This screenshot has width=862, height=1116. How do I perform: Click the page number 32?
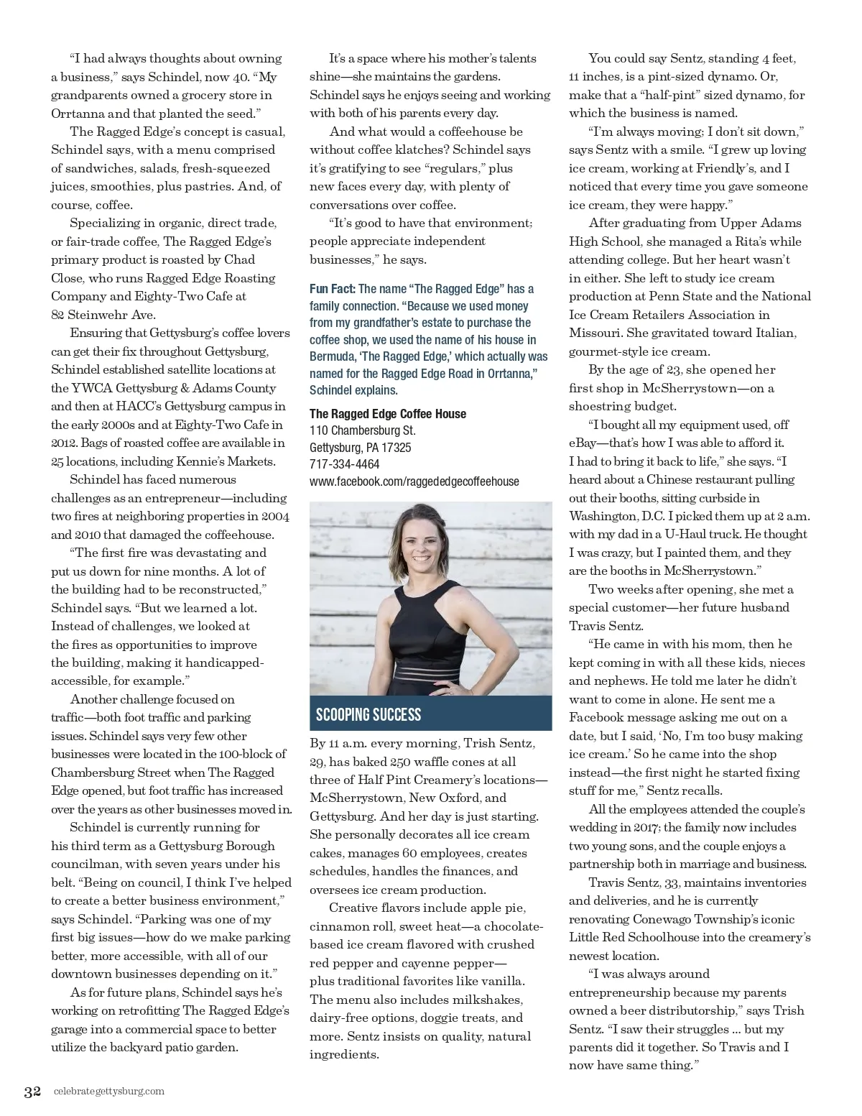pos(32,1092)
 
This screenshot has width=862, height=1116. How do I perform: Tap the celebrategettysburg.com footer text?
pos(108,1092)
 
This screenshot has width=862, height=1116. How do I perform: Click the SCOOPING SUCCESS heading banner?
pos(369,714)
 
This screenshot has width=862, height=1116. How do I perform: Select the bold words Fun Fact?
pos(333,289)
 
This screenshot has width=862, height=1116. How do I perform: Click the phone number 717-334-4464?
pos(345,464)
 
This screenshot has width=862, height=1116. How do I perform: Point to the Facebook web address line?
pos(414,481)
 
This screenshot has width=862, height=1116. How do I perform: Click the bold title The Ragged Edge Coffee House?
pos(388,414)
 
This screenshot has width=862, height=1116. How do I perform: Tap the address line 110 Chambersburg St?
pos(363,430)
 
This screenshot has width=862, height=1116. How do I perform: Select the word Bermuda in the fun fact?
pos(334,357)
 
